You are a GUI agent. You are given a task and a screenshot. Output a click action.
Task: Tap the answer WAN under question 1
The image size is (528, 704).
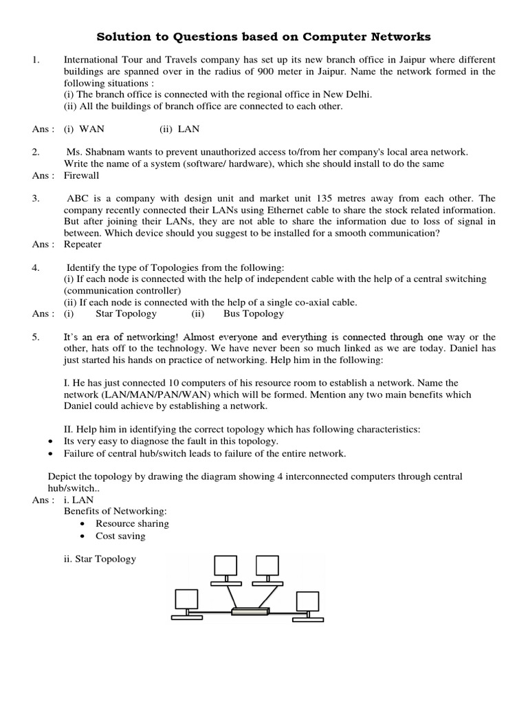(92, 129)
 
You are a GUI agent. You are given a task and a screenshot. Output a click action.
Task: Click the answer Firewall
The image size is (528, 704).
(81, 175)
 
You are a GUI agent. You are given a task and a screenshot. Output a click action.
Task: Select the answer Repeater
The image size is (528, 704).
(82, 244)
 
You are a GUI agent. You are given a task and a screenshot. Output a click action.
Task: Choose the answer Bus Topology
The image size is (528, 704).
(253, 313)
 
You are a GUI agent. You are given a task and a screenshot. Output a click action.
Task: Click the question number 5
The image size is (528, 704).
(36, 337)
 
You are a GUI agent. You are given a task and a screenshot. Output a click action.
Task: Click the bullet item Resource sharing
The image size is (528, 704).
(132, 523)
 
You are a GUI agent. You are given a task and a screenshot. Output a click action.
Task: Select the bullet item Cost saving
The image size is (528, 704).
(120, 536)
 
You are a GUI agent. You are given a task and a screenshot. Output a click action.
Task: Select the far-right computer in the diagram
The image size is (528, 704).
(307, 602)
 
